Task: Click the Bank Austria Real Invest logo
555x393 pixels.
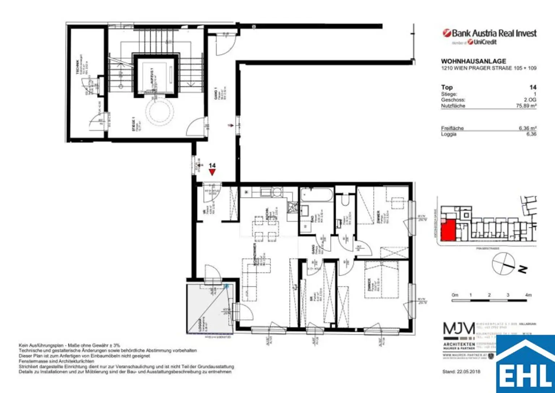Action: coord(490,33)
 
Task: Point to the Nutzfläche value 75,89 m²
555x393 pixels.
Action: coord(526,106)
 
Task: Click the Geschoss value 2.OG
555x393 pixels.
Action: coord(530,100)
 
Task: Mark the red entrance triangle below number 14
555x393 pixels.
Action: coord(212,172)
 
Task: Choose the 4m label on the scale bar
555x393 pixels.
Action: coord(528,295)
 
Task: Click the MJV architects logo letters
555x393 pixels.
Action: coord(459,329)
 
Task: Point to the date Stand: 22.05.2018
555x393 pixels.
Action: coord(461,372)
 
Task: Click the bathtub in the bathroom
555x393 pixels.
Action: coord(317,195)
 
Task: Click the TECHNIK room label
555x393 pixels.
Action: coord(77,67)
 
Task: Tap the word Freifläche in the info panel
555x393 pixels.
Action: coord(452,128)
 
